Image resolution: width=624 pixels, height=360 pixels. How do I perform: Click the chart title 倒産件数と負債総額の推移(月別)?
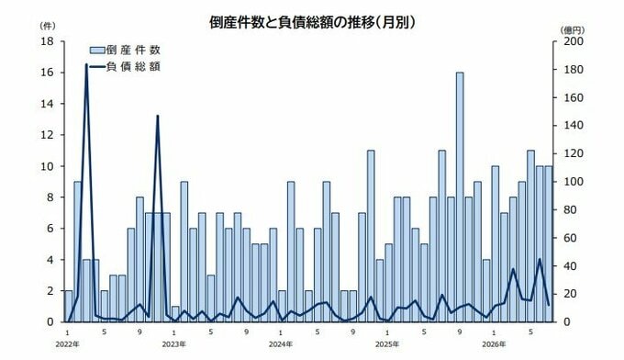(312, 22)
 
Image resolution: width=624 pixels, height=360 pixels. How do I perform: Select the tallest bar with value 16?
(460, 197)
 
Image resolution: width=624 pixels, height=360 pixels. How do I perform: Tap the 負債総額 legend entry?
(125, 67)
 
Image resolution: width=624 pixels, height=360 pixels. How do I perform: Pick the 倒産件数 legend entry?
(125, 51)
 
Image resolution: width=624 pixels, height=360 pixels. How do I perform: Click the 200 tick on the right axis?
(573, 41)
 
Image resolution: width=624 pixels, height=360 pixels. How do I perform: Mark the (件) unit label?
(48, 26)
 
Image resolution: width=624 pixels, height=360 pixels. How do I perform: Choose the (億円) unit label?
(572, 30)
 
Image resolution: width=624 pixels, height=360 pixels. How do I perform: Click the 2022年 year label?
(68, 344)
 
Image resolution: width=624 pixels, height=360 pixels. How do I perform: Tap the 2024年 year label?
(281, 344)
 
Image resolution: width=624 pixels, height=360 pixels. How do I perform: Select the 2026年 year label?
(494, 344)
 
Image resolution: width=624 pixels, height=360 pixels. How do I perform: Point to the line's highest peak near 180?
(86, 64)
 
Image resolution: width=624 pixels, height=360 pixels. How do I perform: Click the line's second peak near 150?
(158, 116)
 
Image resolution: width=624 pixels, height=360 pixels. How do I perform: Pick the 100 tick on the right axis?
(573, 182)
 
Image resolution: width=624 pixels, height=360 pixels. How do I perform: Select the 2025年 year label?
(387, 344)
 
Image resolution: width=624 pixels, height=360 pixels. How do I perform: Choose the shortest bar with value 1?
(175, 314)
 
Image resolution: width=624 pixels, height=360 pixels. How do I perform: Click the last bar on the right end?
(549, 243)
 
